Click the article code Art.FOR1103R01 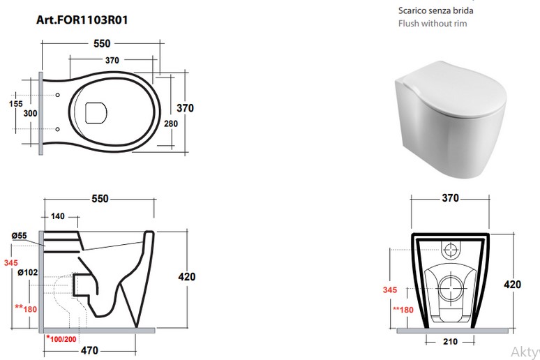[x=82, y=20]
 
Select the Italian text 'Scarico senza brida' [x=435, y=10]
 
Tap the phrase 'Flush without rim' [x=433, y=24]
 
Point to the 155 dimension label [x=16, y=104]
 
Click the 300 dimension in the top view [x=30, y=113]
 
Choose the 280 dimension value [x=171, y=123]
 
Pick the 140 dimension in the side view [x=57, y=216]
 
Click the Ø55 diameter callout [x=20, y=236]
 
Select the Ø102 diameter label [x=28, y=273]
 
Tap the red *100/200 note [x=61, y=339]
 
